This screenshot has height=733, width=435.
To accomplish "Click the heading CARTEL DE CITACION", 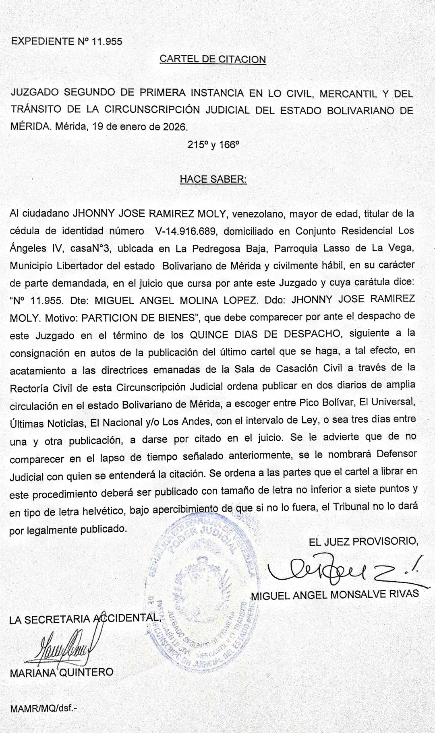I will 213,59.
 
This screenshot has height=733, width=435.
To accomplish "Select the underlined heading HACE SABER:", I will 213,179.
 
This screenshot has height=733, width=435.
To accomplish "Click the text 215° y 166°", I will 213,145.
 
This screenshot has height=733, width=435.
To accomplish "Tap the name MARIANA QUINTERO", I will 62,672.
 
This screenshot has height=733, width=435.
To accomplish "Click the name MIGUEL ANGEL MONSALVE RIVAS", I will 335,594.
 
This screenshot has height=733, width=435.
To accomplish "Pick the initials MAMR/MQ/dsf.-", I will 43,708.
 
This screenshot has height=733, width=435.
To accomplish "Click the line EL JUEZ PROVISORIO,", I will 363,541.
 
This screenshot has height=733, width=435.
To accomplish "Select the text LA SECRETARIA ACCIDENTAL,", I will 85,619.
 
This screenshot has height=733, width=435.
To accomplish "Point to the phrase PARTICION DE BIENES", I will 138,318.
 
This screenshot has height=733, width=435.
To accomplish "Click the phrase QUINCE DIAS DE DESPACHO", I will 265,335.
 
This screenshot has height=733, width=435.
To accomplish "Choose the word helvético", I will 102,511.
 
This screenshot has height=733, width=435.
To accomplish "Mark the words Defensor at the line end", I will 397,454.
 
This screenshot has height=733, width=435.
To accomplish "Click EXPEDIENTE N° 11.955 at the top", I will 67,41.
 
